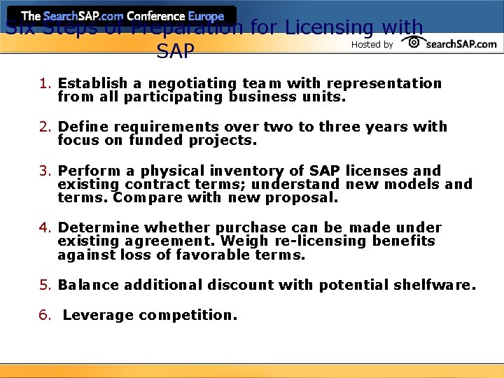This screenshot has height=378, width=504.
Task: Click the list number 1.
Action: click(45, 84)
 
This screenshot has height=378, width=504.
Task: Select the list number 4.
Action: click(45, 228)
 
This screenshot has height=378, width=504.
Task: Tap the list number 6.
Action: click(45, 316)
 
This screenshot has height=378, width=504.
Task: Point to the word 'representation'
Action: click(384, 84)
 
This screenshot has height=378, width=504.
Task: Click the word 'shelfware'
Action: click(433, 286)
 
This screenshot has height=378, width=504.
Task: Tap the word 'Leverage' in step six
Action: click(98, 316)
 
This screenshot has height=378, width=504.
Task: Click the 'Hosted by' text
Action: click(372, 45)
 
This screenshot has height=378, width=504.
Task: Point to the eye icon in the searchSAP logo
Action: click(414, 43)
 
